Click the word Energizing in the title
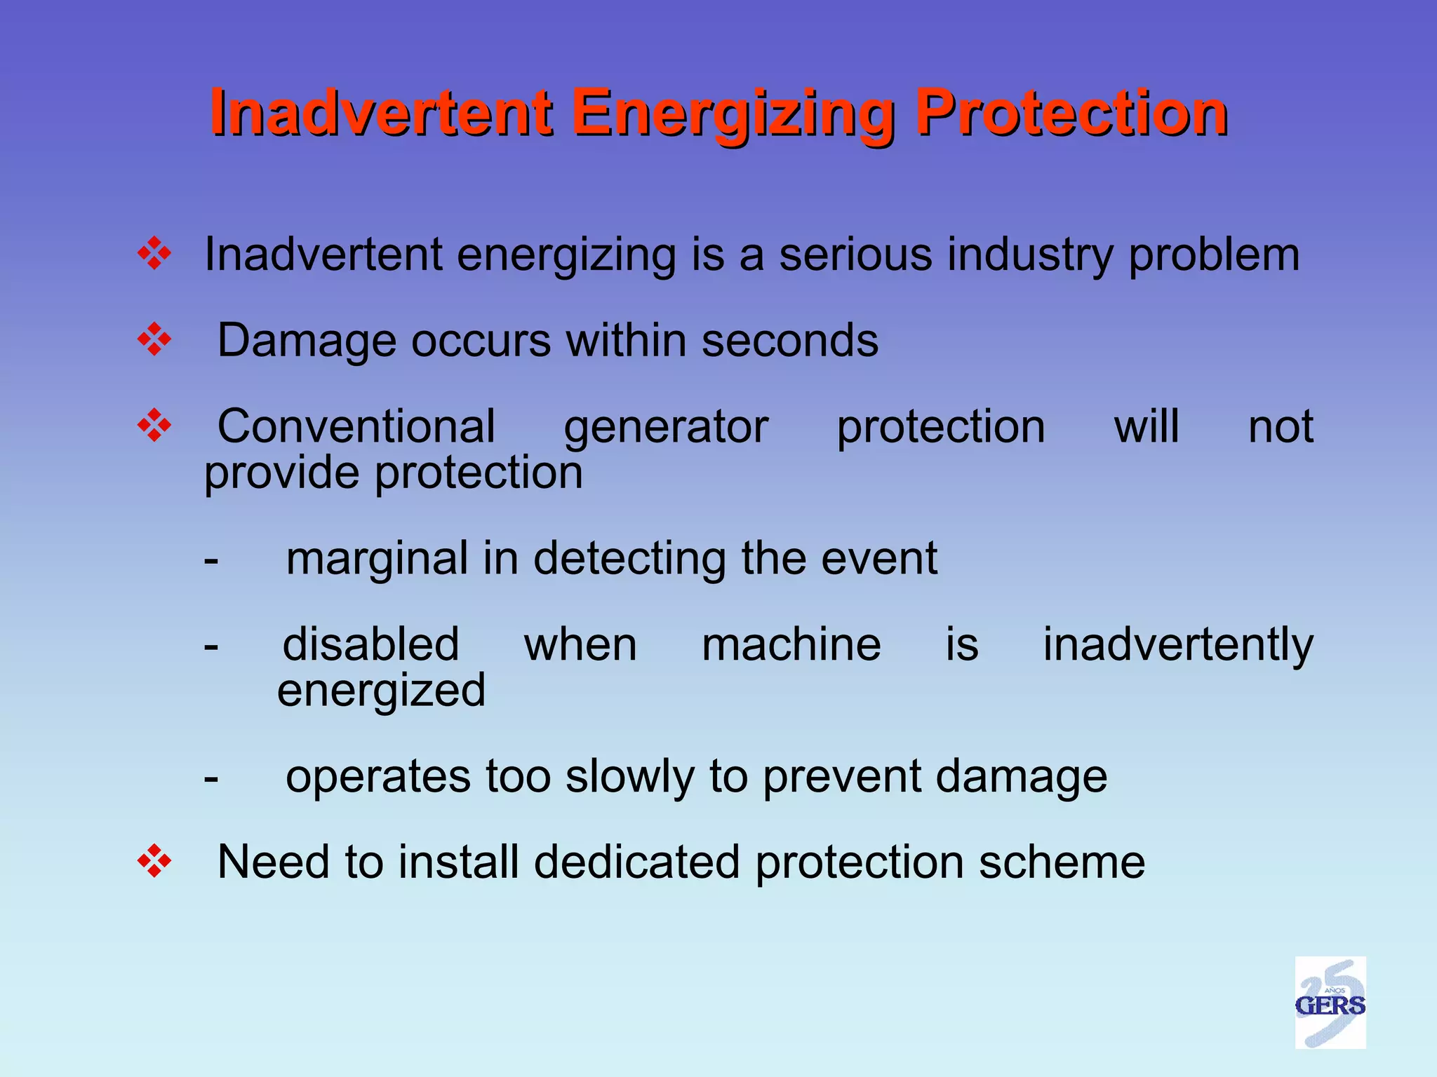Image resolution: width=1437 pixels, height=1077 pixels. coord(733,113)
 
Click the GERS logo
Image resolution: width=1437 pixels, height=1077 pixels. coord(1330,1003)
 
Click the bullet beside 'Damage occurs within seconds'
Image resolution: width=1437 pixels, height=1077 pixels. coord(154,341)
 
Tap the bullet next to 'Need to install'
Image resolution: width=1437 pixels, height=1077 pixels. coord(154,862)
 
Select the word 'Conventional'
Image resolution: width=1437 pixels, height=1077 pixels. coord(356,426)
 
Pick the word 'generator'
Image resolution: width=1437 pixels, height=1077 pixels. coord(666,428)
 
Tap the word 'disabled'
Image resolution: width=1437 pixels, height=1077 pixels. coord(370,644)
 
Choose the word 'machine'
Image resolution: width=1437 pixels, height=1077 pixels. coord(791,644)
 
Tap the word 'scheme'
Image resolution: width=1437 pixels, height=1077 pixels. coord(1062,862)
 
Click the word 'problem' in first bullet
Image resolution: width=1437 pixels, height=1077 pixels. coord(1213,256)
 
